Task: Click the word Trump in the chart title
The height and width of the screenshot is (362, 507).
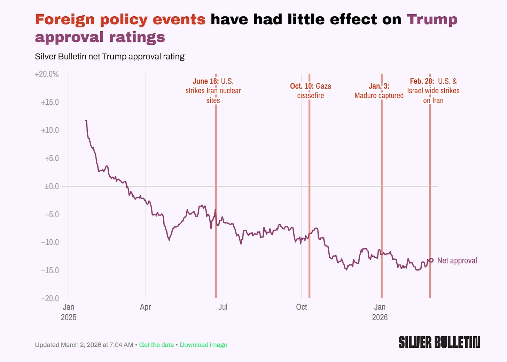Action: (432, 19)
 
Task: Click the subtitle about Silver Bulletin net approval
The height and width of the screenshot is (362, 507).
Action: (110, 56)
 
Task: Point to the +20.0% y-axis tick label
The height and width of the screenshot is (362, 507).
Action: (47, 74)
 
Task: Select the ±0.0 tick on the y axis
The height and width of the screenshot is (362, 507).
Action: (52, 186)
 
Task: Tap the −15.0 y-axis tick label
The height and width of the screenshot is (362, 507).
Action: (50, 270)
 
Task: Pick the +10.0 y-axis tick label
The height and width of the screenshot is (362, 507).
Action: (50, 130)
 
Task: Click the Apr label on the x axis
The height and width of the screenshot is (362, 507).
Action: (145, 307)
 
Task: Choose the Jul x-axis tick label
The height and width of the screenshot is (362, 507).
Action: (223, 307)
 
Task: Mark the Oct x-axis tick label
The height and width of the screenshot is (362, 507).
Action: (302, 307)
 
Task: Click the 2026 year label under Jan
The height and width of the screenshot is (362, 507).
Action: (380, 317)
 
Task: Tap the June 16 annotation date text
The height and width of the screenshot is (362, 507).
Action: (205, 81)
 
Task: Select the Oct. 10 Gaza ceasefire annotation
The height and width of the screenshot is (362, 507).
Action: (311, 90)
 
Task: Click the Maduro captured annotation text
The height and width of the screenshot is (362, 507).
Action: (379, 96)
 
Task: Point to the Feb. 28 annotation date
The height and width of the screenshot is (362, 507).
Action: (422, 81)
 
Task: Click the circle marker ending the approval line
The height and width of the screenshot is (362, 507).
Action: (431, 260)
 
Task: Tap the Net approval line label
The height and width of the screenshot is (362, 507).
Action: (457, 260)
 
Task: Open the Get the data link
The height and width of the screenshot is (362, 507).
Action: (156, 345)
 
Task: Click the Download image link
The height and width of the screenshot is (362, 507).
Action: (203, 345)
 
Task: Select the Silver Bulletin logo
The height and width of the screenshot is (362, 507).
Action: (439, 342)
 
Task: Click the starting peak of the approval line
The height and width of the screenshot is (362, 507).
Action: (86, 121)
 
